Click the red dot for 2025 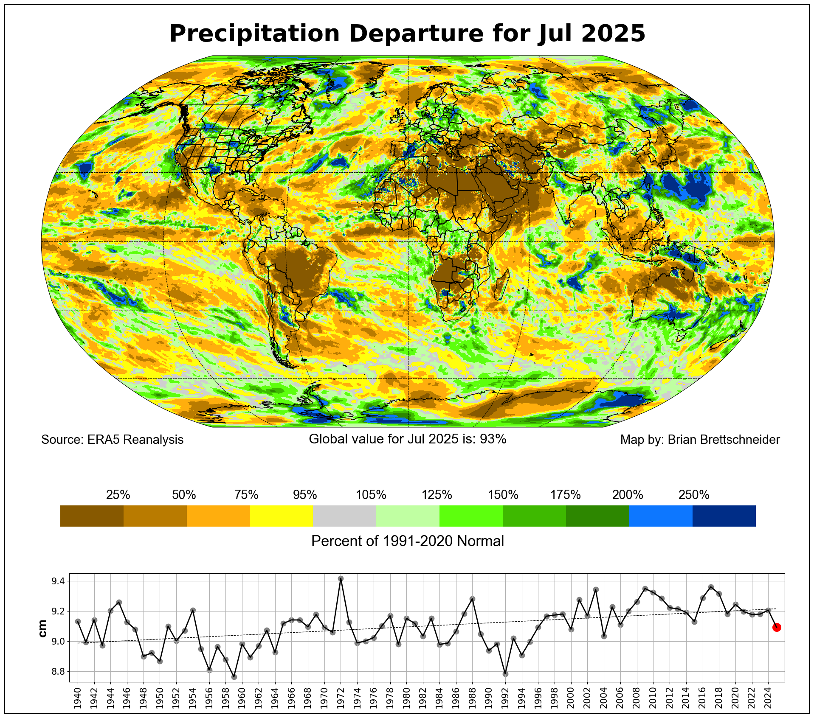tap(777, 627)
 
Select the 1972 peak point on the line tap(341, 578)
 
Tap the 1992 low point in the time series tap(505, 674)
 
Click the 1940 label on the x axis tap(78, 698)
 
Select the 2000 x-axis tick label tap(571, 698)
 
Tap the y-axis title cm tap(42, 628)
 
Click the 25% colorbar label tap(118, 495)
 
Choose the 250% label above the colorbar tap(694, 495)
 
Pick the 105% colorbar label tap(371, 495)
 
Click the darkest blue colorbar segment tap(724, 516)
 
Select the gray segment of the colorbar tap(344, 516)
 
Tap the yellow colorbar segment tap(282, 516)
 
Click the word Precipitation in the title tap(254, 34)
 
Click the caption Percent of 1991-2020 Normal tap(408, 541)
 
